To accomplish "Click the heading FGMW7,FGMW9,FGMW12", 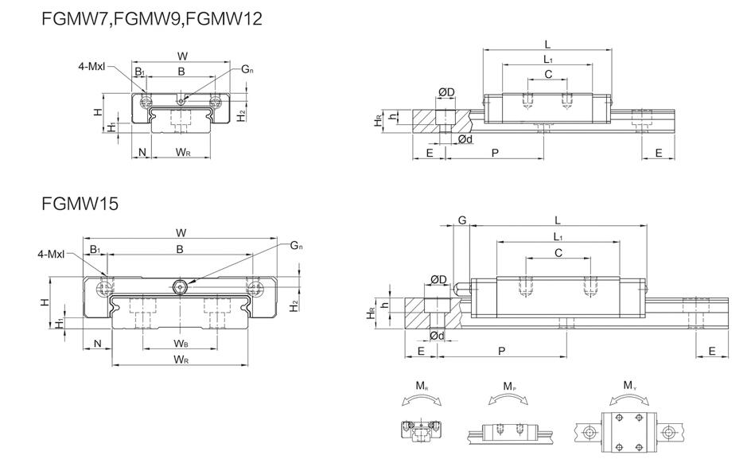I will click(151, 18).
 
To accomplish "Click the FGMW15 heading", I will click(80, 204).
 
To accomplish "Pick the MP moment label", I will click(508, 386).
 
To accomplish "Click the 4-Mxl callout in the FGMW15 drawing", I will click(51, 255).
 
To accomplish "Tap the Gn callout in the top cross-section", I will click(248, 69).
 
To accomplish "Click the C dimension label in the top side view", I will click(548, 74).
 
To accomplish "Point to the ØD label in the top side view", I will click(446, 92).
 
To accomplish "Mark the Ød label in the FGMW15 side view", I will click(437, 336).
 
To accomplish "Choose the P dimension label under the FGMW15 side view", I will click(501, 351).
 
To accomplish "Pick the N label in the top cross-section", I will click(142, 152).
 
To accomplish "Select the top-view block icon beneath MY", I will click(628, 431).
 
